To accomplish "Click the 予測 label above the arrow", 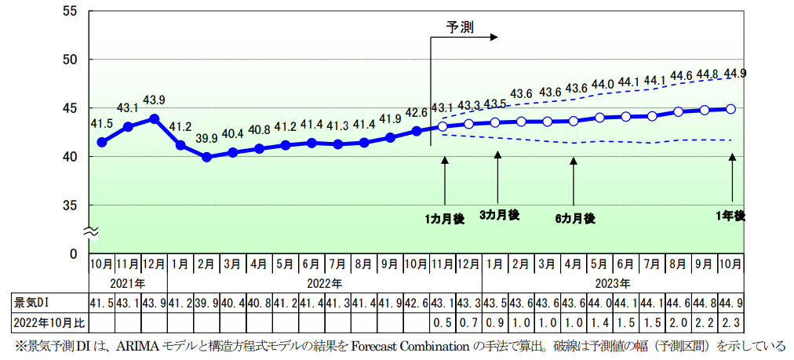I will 460,26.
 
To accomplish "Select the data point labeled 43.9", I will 155,119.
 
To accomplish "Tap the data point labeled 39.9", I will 207,157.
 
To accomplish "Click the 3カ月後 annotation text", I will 499,215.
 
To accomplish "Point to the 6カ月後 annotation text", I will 574,218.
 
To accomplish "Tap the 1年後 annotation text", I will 731,215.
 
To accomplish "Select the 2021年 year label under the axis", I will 127,282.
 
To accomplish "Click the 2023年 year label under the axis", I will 614,282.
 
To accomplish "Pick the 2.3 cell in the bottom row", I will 733,321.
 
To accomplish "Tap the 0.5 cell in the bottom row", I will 443,321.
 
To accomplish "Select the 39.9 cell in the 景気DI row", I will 206,302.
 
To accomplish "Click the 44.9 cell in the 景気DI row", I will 733,302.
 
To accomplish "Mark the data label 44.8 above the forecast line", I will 707,75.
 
